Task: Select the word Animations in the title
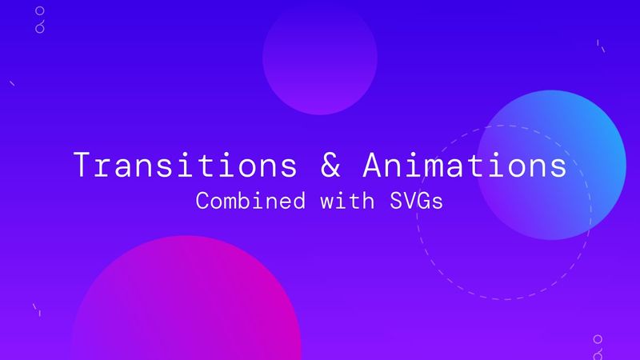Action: (464, 165)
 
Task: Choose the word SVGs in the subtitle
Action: (415, 201)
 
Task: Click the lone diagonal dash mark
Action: (11, 82)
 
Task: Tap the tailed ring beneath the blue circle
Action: (597, 351)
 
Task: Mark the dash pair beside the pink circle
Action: (36, 310)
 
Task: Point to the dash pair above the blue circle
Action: (600, 46)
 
